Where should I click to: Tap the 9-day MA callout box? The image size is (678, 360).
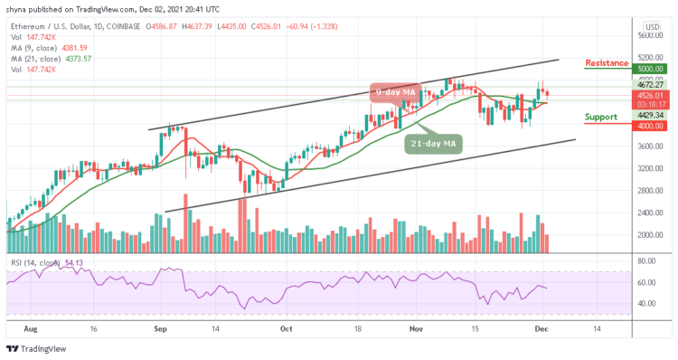point(395,90)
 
